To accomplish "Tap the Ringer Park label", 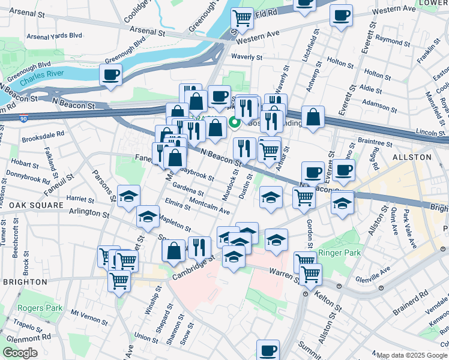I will coord(340,253).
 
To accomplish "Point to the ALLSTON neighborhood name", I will coord(412,157).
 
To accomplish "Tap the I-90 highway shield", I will coord(23,118).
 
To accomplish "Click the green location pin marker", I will coord(234,119).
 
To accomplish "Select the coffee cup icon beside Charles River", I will coord(111,76).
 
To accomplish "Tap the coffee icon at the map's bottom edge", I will coord(268,350).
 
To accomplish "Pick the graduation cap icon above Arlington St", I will coord(128,196).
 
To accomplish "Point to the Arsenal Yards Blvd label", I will coord(55,35).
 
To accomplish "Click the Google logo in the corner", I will coord(20,353).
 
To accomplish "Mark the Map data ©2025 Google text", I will coord(412,355).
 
